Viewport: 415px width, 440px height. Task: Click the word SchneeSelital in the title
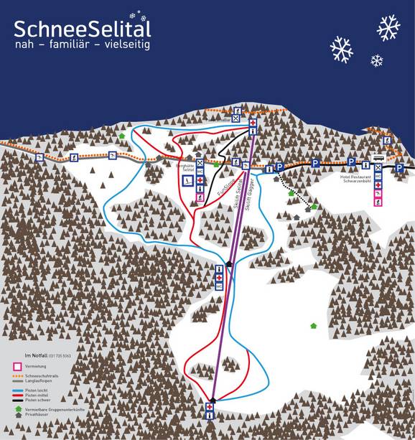pos(83,28)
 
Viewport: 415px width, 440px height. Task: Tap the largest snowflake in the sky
pos(388,27)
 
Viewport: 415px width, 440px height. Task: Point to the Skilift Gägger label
pos(247,191)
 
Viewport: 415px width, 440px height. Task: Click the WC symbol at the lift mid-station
pos(220,286)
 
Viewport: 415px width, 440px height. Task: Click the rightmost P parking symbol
pos(399,168)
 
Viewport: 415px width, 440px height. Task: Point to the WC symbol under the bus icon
pos(378,176)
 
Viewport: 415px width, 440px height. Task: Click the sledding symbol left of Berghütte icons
pos(186,179)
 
